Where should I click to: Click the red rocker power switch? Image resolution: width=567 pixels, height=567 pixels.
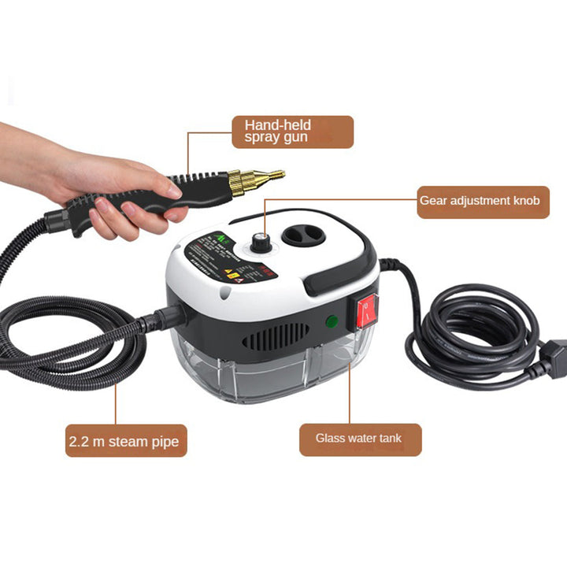tap(367, 312)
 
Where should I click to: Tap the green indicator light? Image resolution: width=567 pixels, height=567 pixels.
tap(332, 322)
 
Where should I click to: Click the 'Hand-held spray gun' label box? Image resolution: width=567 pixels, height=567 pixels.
tap(292, 132)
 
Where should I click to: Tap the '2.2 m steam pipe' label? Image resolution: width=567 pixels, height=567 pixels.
tap(126, 441)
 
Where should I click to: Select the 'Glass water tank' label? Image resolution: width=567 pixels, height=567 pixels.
tap(360, 439)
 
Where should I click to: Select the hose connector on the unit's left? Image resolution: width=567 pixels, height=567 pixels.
tap(170, 317)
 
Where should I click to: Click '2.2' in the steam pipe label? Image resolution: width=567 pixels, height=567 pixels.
tap(80, 442)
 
